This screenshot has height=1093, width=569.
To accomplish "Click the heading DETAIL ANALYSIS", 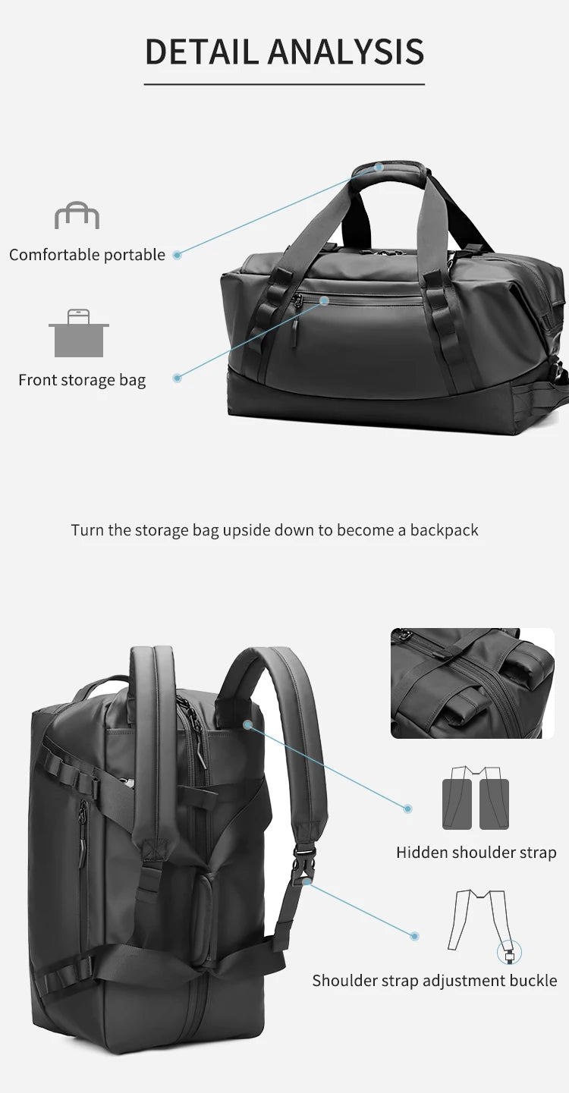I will [284, 52].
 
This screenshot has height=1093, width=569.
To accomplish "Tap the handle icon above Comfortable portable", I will [77, 215].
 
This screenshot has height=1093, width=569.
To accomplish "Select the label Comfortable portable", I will [86, 255].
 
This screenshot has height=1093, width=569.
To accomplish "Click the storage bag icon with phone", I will [79, 333].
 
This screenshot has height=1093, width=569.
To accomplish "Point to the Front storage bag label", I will [82, 380].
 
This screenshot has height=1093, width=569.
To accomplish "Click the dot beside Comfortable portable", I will [177, 255].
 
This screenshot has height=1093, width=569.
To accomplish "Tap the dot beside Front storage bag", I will [177, 377].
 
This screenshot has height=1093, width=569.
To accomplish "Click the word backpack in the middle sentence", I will [444, 529].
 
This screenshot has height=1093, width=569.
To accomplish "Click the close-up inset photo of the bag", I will [472, 683].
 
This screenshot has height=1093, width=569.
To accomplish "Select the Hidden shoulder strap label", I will [476, 853].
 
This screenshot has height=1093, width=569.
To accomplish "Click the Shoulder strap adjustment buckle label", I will [434, 980].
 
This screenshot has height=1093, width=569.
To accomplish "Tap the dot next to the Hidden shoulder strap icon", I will [407, 809].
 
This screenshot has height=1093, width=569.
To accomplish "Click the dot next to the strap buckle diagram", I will [415, 937].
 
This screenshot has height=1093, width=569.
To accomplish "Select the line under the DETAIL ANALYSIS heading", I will [284, 84].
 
